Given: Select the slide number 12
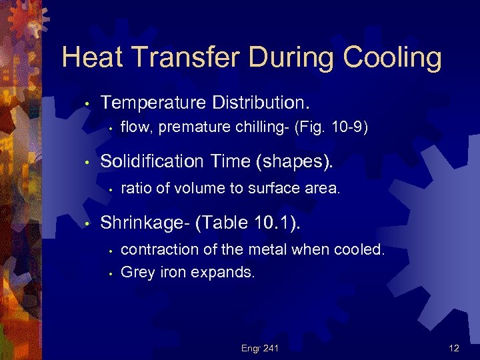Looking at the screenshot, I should point(454,347).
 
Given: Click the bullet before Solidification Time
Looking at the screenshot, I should point(87,162).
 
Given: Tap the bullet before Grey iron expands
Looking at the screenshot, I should point(111,273).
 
